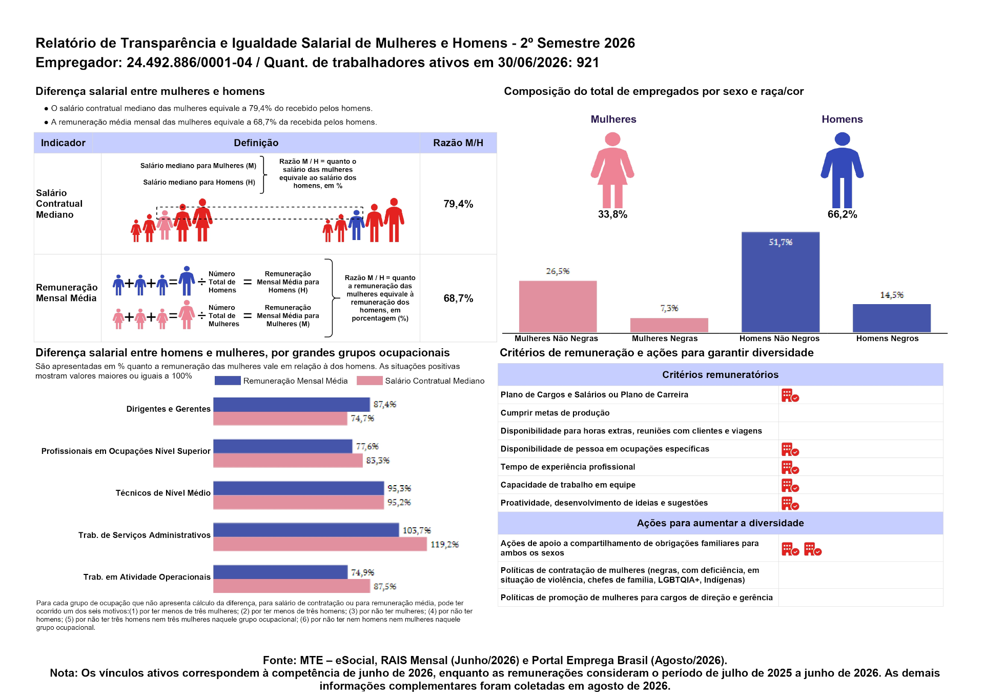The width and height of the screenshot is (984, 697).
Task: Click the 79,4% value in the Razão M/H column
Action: pyautogui.click(x=458, y=204)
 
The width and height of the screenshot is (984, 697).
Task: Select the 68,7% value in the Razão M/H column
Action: pyautogui.click(x=458, y=298)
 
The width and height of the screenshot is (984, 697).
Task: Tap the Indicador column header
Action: pyautogui.click(x=63, y=143)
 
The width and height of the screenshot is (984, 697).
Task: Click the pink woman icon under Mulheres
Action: pyautogui.click(x=612, y=170)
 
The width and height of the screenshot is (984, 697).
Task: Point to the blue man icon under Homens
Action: pyautogui.click(x=842, y=170)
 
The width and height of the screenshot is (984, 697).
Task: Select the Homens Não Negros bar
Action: pyautogui.click(x=780, y=282)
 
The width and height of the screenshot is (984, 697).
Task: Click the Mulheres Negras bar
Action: pyautogui.click(x=669, y=325)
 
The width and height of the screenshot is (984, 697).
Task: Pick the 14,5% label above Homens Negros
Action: pyautogui.click(x=892, y=295)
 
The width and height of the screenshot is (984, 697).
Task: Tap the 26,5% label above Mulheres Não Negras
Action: pyautogui.click(x=558, y=271)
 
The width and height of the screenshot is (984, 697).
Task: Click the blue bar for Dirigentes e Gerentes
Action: pyautogui.click(x=292, y=405)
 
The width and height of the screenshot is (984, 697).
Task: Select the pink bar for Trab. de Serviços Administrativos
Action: pyautogui.click(x=320, y=544)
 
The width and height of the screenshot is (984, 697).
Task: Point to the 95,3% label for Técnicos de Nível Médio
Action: pyautogui.click(x=399, y=488)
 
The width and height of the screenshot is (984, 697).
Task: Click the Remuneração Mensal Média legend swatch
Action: pyautogui.click(x=228, y=381)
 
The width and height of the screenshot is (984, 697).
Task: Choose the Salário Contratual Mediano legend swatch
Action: pyautogui.click(x=370, y=381)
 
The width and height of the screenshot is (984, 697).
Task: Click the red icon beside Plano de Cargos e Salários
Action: pyautogui.click(x=790, y=395)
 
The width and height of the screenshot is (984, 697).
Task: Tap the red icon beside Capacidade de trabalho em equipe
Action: pyautogui.click(x=790, y=485)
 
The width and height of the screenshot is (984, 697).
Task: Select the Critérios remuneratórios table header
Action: pyautogui.click(x=720, y=374)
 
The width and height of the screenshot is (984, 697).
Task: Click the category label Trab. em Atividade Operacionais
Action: pyautogui.click(x=147, y=577)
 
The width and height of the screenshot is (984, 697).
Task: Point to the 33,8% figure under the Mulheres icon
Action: pyautogui.click(x=612, y=214)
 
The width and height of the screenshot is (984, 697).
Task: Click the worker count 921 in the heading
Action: pyautogui.click(x=588, y=63)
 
